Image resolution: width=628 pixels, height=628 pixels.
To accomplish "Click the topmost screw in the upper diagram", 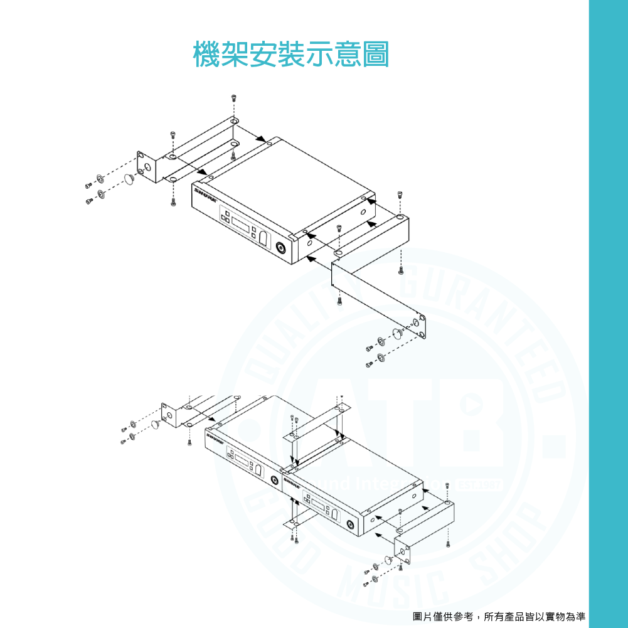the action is click(234, 97).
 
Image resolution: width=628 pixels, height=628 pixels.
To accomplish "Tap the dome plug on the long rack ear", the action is click(397, 333).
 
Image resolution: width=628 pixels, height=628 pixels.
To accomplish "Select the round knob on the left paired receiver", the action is click(275, 481).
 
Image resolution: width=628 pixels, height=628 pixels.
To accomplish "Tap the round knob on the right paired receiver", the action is click(349, 526).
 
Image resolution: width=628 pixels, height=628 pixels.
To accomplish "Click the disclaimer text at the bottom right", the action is click(499, 617).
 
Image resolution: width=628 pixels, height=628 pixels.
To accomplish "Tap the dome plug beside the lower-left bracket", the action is click(154, 426).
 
